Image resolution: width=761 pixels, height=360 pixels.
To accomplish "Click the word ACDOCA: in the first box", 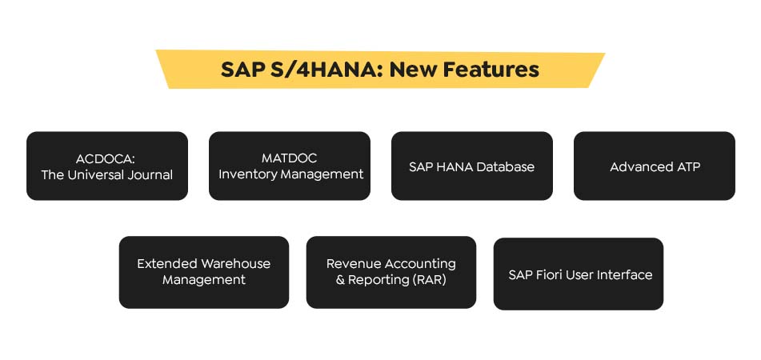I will click(x=107, y=158).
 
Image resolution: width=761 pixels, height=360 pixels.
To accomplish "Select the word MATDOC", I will click(x=290, y=158).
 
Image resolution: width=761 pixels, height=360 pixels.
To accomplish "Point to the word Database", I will click(x=503, y=166).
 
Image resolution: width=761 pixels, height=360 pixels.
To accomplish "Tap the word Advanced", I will click(x=641, y=166).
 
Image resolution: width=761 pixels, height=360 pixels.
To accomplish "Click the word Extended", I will click(x=167, y=263).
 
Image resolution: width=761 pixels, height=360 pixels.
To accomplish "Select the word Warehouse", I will click(x=236, y=263).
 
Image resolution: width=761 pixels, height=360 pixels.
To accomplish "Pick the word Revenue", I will click(x=354, y=263).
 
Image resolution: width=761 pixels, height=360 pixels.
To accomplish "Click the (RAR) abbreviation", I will click(x=430, y=280).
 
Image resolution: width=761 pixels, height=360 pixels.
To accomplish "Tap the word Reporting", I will click(x=378, y=280).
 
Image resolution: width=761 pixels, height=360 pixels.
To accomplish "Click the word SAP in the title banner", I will click(x=242, y=70).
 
